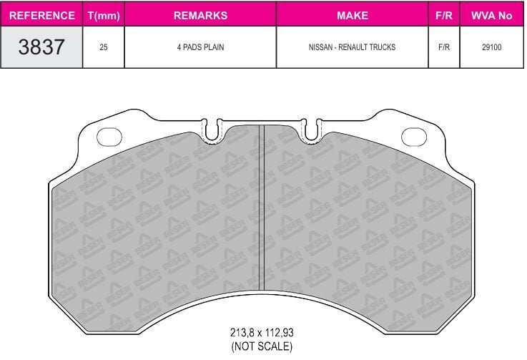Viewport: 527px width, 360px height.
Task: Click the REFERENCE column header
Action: [42, 16]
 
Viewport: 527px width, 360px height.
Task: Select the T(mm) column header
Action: [104, 16]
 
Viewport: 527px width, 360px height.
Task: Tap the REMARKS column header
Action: [200, 16]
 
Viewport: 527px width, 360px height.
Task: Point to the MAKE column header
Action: [353, 16]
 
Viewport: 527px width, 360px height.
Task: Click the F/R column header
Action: [444, 16]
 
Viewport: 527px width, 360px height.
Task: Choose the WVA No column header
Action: [492, 16]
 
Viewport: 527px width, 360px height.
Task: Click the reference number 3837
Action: [41, 47]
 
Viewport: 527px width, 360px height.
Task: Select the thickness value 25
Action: [104, 47]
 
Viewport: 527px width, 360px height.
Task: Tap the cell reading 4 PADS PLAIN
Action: [200, 47]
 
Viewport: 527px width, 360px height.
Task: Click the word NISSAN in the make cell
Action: [320, 47]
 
